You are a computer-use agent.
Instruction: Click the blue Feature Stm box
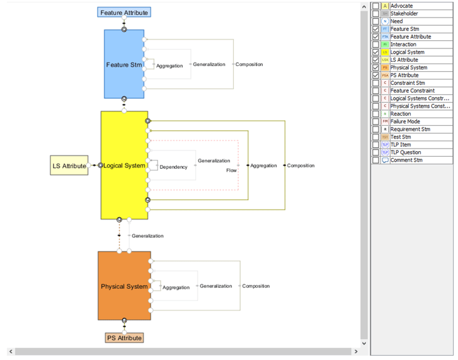[124, 64]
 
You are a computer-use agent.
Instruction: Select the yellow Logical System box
[124, 166]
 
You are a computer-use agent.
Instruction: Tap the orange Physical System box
[124, 286]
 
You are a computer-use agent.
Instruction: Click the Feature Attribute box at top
[125, 13]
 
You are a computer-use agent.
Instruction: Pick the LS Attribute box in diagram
[69, 166]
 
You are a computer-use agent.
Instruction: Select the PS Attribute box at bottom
[124, 338]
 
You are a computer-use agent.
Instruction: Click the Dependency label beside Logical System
[173, 167]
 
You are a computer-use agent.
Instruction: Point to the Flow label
[232, 170]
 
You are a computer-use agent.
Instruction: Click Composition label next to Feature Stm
[249, 65]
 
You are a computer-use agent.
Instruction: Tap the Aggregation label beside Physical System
[176, 288]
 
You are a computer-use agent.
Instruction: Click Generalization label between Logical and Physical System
[147, 236]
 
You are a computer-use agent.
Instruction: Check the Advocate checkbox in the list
[376, 6]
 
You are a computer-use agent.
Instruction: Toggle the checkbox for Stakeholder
[376, 14]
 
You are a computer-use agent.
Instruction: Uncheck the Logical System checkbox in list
[376, 52]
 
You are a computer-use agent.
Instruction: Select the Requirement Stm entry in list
[409, 129]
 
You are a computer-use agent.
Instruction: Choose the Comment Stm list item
[406, 160]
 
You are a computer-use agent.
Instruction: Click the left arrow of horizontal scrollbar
[11, 351]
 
